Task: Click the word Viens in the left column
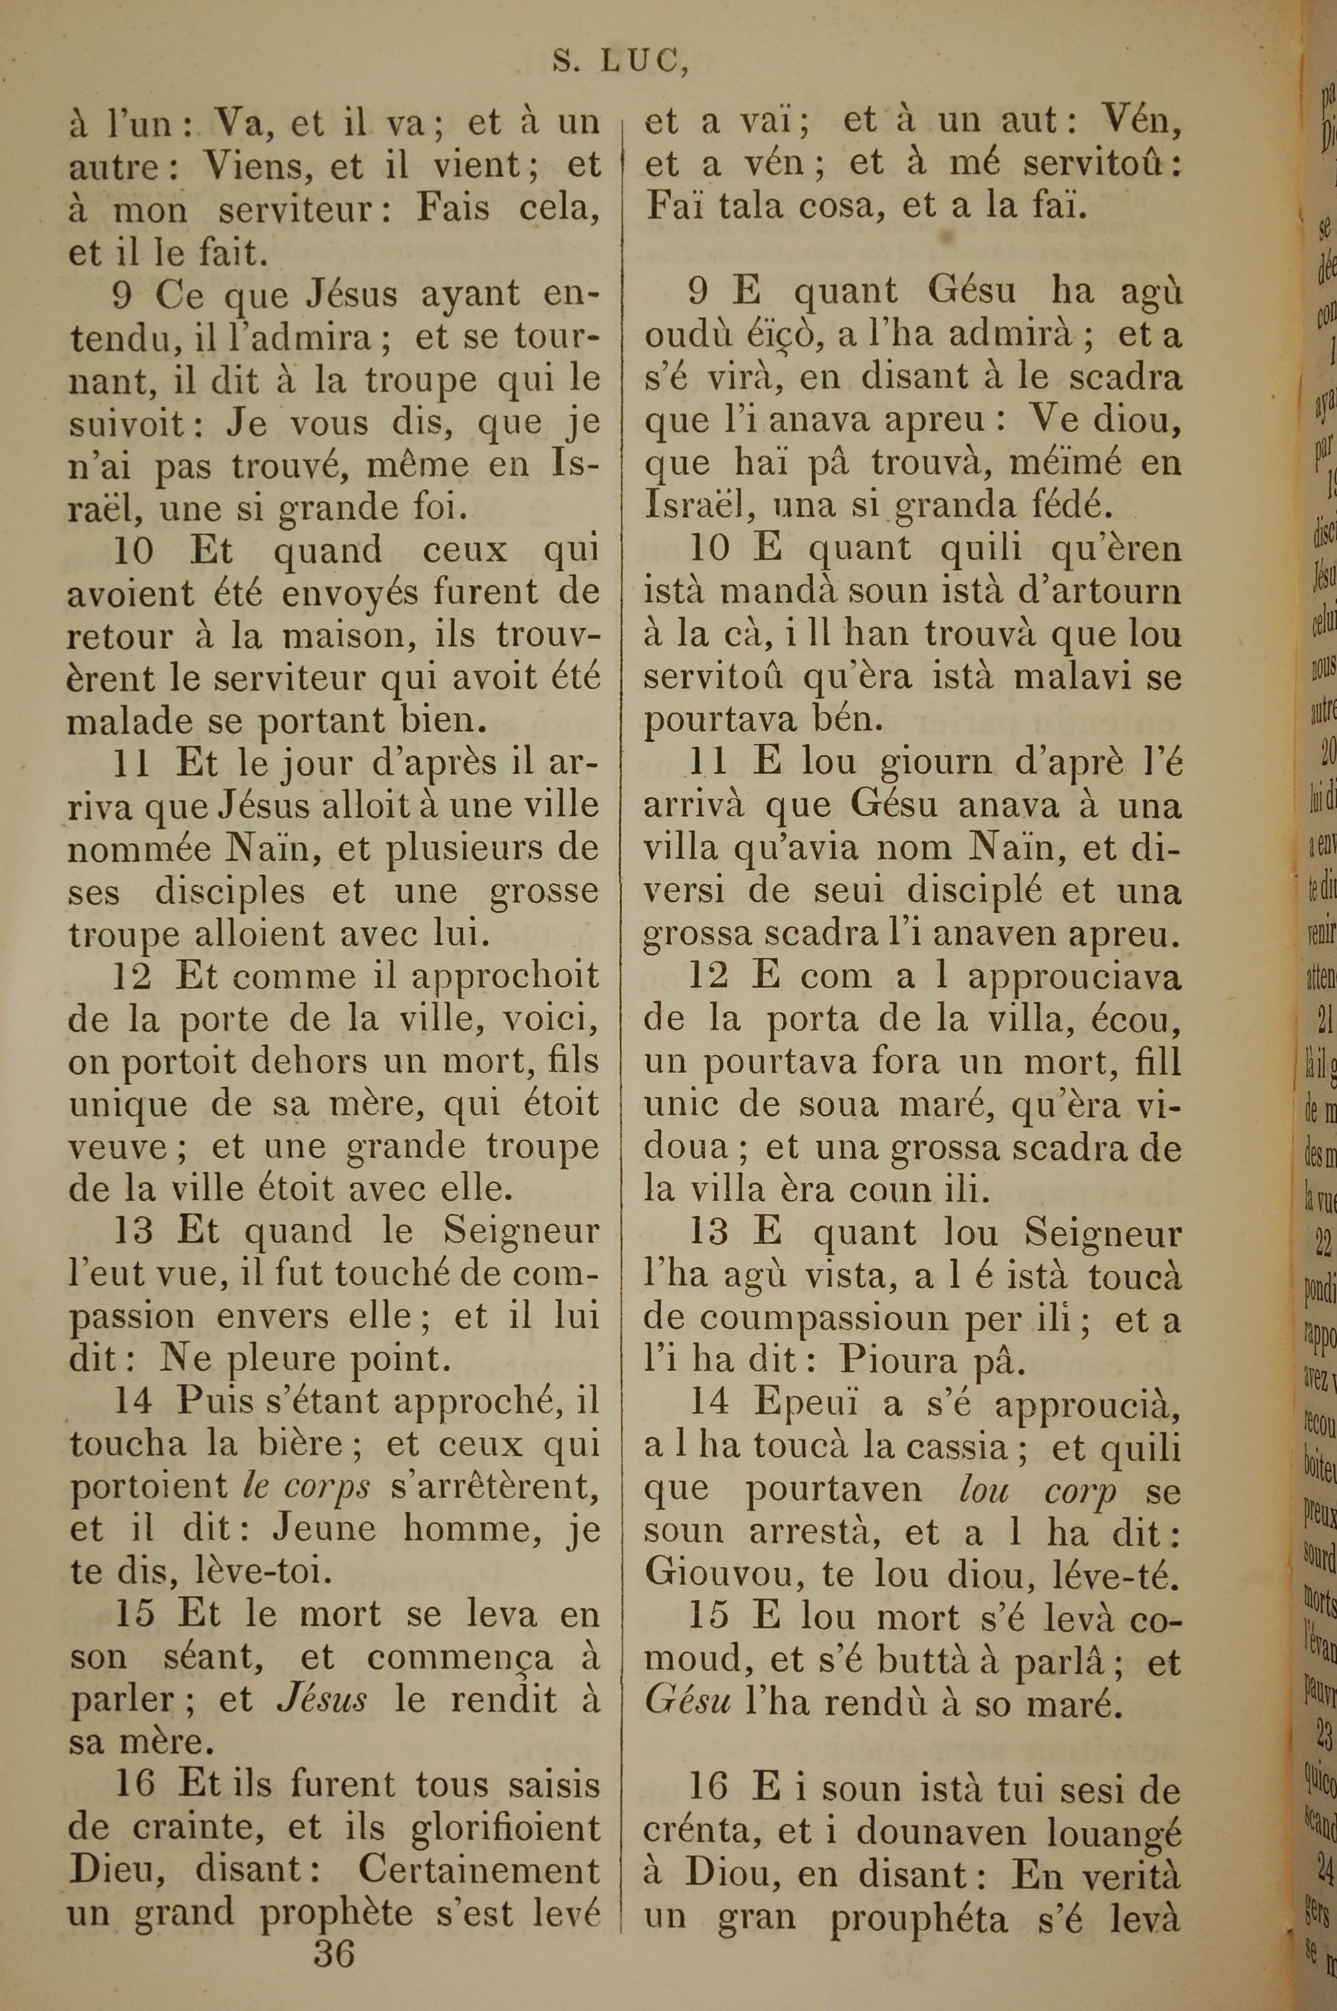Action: (253, 165)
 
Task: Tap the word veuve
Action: (118, 1147)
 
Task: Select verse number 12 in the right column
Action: (709, 976)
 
